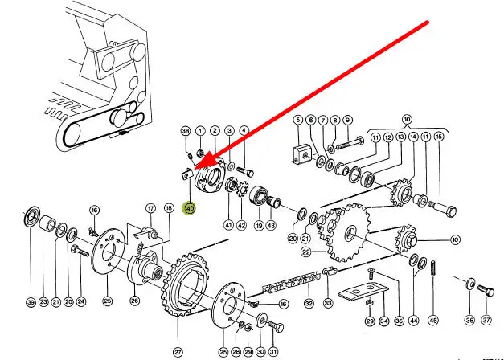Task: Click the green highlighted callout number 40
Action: pos(190,209)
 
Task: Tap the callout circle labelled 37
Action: pos(486,321)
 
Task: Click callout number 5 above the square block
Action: pos(297,121)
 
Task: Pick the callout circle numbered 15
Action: pos(438,137)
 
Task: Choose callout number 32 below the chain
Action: pos(309,304)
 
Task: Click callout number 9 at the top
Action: pos(347,121)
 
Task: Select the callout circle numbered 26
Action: pos(134,302)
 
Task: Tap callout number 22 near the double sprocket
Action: pos(306,252)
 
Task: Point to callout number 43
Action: pos(272,226)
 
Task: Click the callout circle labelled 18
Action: pos(169,207)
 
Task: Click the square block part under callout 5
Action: pos(302,154)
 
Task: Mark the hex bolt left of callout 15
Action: pos(442,207)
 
